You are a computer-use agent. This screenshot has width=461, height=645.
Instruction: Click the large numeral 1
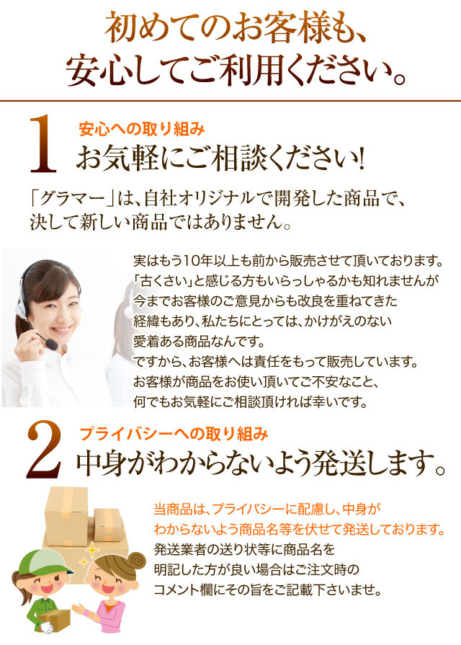coord(42,144)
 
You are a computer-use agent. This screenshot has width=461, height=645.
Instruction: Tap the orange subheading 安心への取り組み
coord(141,130)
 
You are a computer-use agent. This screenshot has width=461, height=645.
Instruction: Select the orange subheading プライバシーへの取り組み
coord(174,435)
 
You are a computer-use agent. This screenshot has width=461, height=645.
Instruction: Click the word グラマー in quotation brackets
coord(71,199)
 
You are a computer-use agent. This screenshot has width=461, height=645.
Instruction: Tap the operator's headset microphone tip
coord(53,344)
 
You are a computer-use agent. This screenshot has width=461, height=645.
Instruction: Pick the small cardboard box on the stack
coord(108,525)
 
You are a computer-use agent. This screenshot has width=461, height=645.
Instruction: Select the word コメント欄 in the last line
coord(184,590)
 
